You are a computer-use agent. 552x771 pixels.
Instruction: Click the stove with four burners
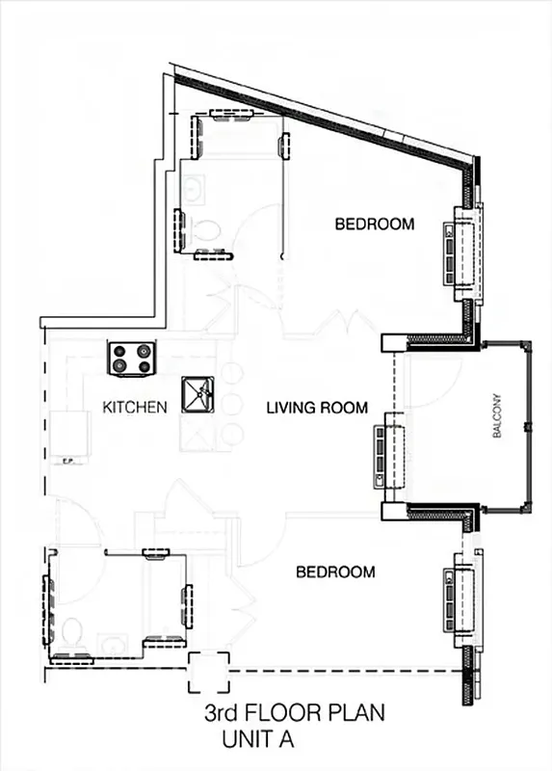click(x=132, y=358)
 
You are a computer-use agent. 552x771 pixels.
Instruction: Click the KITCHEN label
click(x=135, y=408)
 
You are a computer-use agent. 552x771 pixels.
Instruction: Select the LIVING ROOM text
click(x=317, y=409)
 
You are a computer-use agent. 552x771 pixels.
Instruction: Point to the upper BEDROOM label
click(x=374, y=225)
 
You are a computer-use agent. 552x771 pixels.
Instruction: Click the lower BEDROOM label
click(x=334, y=572)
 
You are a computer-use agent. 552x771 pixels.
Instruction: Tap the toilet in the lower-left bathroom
click(x=72, y=632)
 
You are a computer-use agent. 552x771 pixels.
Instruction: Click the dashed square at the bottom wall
click(x=209, y=672)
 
